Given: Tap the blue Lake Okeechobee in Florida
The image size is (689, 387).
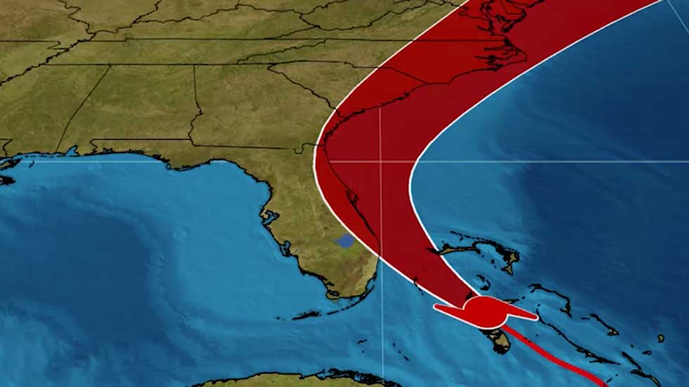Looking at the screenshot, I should (344, 242).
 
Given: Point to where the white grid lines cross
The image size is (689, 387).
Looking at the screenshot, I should (381, 162).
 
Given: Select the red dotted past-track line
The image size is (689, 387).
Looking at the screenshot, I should (562, 358).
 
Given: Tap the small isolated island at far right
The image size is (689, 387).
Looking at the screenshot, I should (661, 339).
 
